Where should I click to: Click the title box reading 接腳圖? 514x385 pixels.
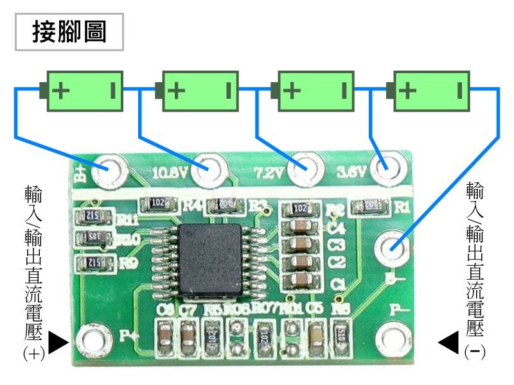pos(69,32)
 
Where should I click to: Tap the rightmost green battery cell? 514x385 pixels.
pos(432,90)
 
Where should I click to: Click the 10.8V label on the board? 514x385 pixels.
pos(170,173)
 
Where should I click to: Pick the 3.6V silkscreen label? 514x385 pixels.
pos(352,173)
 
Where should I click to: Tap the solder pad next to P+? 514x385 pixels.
pos(92,338)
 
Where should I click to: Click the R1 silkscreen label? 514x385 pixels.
pos(402,207)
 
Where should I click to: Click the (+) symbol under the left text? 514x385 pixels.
pos(33,354)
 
